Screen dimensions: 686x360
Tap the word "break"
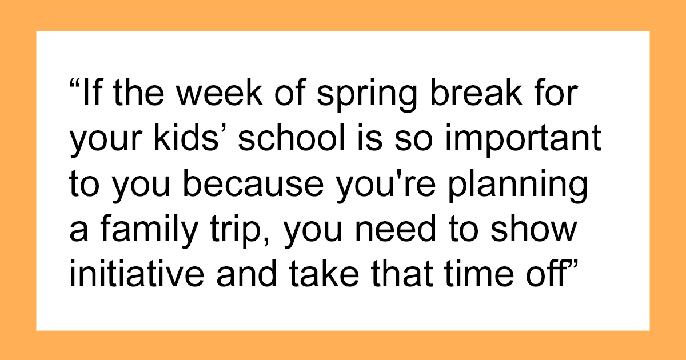[x=476, y=91]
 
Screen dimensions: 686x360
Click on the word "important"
[x=523, y=140]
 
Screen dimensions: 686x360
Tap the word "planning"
[x=517, y=186]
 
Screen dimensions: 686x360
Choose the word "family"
[x=149, y=231]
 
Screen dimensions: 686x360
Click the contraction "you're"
[x=385, y=186]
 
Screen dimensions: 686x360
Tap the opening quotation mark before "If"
[x=75, y=84]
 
